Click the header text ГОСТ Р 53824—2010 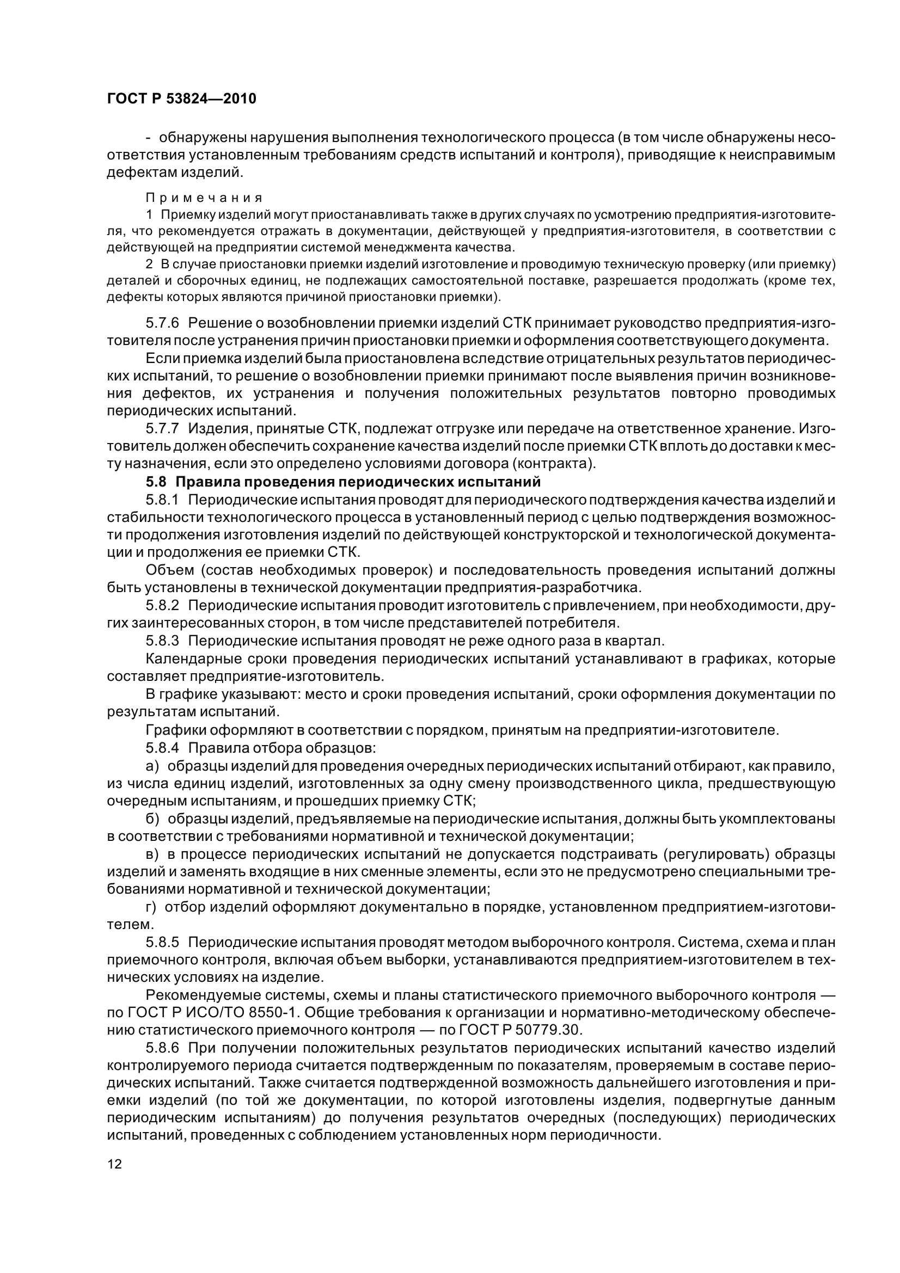(x=181, y=99)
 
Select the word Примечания (x=204, y=198)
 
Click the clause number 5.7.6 (x=162, y=323)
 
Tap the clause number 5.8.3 (x=162, y=641)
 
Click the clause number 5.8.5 (x=162, y=943)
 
